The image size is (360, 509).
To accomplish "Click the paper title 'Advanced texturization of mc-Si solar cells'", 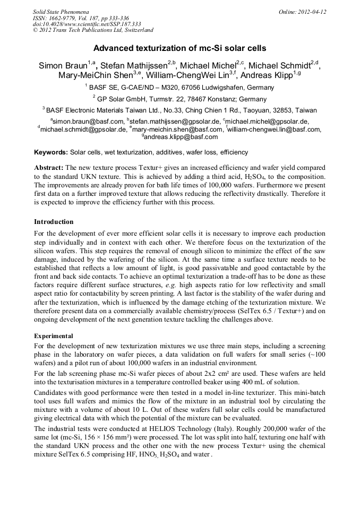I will [179, 48].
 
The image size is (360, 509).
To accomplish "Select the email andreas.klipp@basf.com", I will [181, 136].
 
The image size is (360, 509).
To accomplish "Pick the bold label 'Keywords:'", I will [50, 152].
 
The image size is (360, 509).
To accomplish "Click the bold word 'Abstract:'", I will [49, 167].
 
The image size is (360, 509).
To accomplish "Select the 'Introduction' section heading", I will [54, 221].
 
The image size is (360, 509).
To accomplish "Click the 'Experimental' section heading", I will [54, 336].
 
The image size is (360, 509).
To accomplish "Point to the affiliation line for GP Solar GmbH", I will [179, 99].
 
